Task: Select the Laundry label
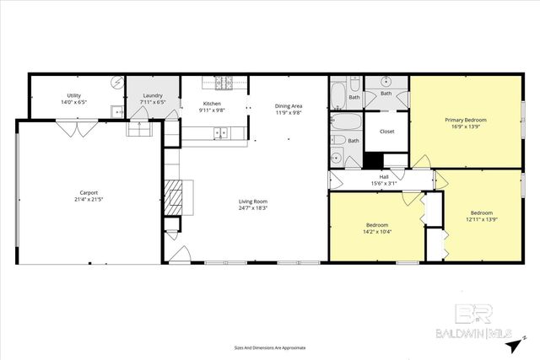(x=153, y=95)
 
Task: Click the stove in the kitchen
(x=224, y=83)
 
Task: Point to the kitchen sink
(x=220, y=132)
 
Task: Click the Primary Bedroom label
(x=466, y=120)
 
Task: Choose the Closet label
(x=387, y=132)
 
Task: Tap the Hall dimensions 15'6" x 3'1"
(x=383, y=183)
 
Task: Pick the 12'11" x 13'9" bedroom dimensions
(x=481, y=219)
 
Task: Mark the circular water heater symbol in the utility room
(x=116, y=83)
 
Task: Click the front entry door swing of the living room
(x=179, y=252)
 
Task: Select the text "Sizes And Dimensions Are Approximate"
(x=269, y=347)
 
